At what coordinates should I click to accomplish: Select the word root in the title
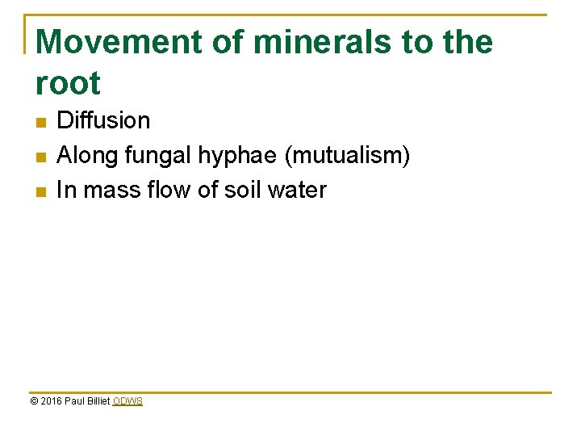pyautogui.click(x=68, y=83)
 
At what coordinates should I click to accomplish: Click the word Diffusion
pyautogui.click(x=103, y=121)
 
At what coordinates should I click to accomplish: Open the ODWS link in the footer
pyautogui.click(x=127, y=401)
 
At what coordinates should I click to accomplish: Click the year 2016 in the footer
pyautogui.click(x=50, y=401)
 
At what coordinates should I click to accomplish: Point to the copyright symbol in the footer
pyautogui.click(x=33, y=401)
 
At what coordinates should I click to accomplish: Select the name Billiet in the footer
pyautogui.click(x=97, y=401)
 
